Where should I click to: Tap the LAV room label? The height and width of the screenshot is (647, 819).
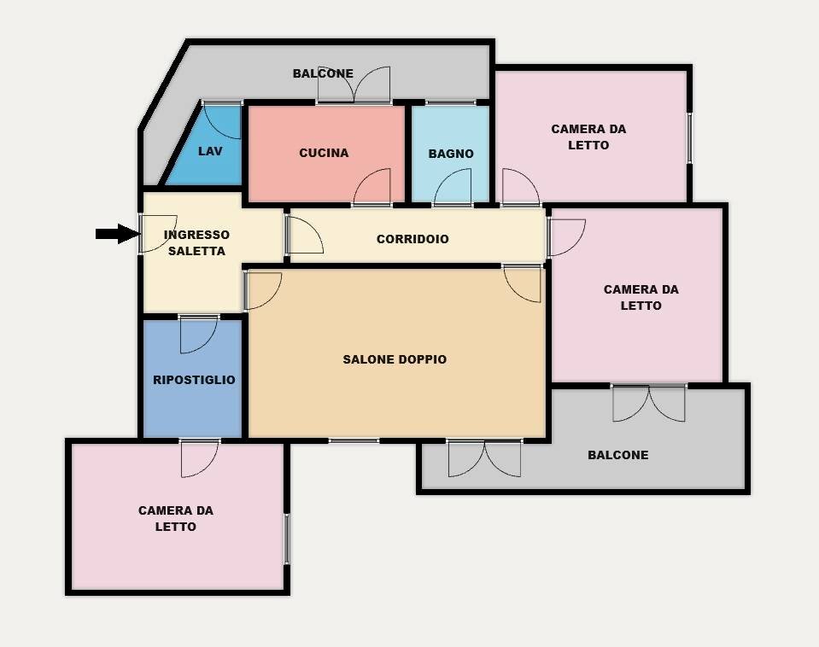coord(210,151)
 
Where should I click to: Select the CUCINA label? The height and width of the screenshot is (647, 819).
coord(324,153)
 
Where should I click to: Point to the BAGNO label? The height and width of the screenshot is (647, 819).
coord(451,154)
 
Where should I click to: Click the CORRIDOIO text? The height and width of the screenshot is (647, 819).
coord(412,239)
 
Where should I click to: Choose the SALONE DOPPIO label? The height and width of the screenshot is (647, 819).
coord(395,359)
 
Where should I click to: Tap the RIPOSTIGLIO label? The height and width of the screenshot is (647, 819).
coord(194,380)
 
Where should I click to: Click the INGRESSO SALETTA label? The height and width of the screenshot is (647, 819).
coord(196,242)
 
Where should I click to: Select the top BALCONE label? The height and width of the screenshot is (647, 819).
coord(323,73)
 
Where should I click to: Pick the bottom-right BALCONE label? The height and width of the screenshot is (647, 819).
coord(617,455)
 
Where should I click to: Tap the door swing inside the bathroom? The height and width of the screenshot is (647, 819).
coord(453,189)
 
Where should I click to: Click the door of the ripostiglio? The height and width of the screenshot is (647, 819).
coord(198,334)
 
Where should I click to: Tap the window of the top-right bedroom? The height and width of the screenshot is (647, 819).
coord(689,137)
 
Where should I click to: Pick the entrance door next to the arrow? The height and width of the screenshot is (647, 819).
coord(157,233)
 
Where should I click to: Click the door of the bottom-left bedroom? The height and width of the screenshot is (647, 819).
coord(200,458)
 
